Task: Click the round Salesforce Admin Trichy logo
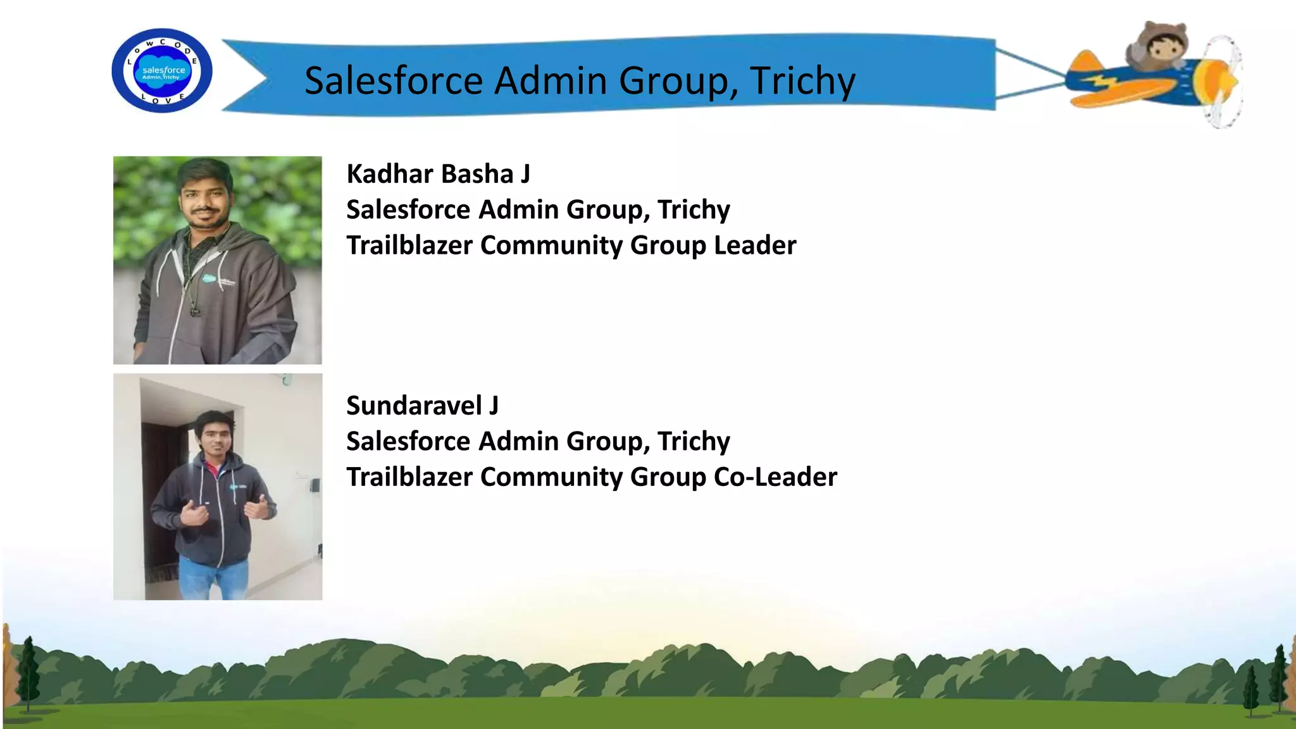point(162,71)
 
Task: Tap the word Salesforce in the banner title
point(394,81)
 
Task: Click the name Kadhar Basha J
point(439,174)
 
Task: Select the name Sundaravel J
point(422,406)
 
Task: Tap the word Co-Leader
point(775,477)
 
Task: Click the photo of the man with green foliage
point(218,260)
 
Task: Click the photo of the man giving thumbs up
point(218,487)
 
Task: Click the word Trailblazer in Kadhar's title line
point(409,246)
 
